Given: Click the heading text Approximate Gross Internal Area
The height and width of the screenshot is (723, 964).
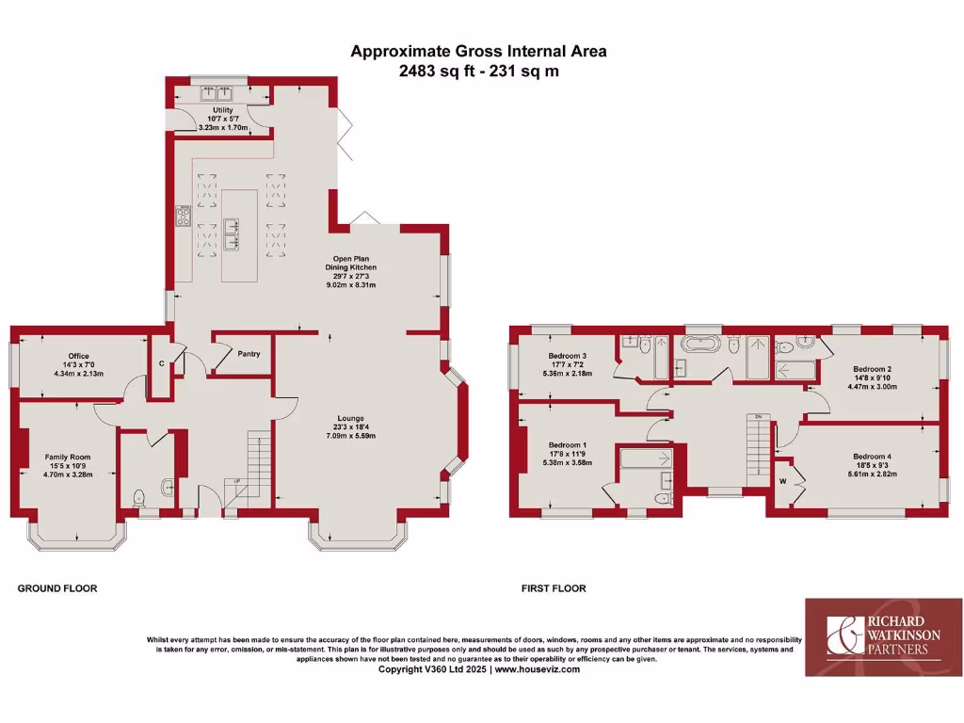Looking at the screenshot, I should click(x=478, y=51).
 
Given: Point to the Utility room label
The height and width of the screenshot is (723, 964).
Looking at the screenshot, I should click(x=222, y=110).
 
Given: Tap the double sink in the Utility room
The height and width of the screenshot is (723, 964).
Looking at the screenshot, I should click(x=217, y=92).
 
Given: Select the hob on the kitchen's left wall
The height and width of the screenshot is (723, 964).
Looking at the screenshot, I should click(x=183, y=217).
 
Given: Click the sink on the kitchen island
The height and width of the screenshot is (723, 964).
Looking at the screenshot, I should click(x=231, y=224).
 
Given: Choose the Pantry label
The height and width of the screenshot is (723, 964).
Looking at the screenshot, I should click(x=249, y=354).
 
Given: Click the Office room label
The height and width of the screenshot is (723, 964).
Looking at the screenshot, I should click(x=77, y=356).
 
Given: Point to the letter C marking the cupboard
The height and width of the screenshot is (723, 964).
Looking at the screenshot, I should click(x=162, y=363).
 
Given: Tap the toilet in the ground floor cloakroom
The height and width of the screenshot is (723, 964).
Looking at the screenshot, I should click(x=139, y=497).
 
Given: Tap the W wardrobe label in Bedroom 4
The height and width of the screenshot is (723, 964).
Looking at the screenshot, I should click(x=781, y=481).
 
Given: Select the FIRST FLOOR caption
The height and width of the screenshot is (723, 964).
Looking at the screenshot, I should click(x=554, y=588).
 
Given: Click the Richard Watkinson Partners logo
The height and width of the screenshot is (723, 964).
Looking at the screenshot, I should click(x=883, y=636).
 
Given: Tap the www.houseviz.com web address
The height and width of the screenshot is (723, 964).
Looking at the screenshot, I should click(x=537, y=669).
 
